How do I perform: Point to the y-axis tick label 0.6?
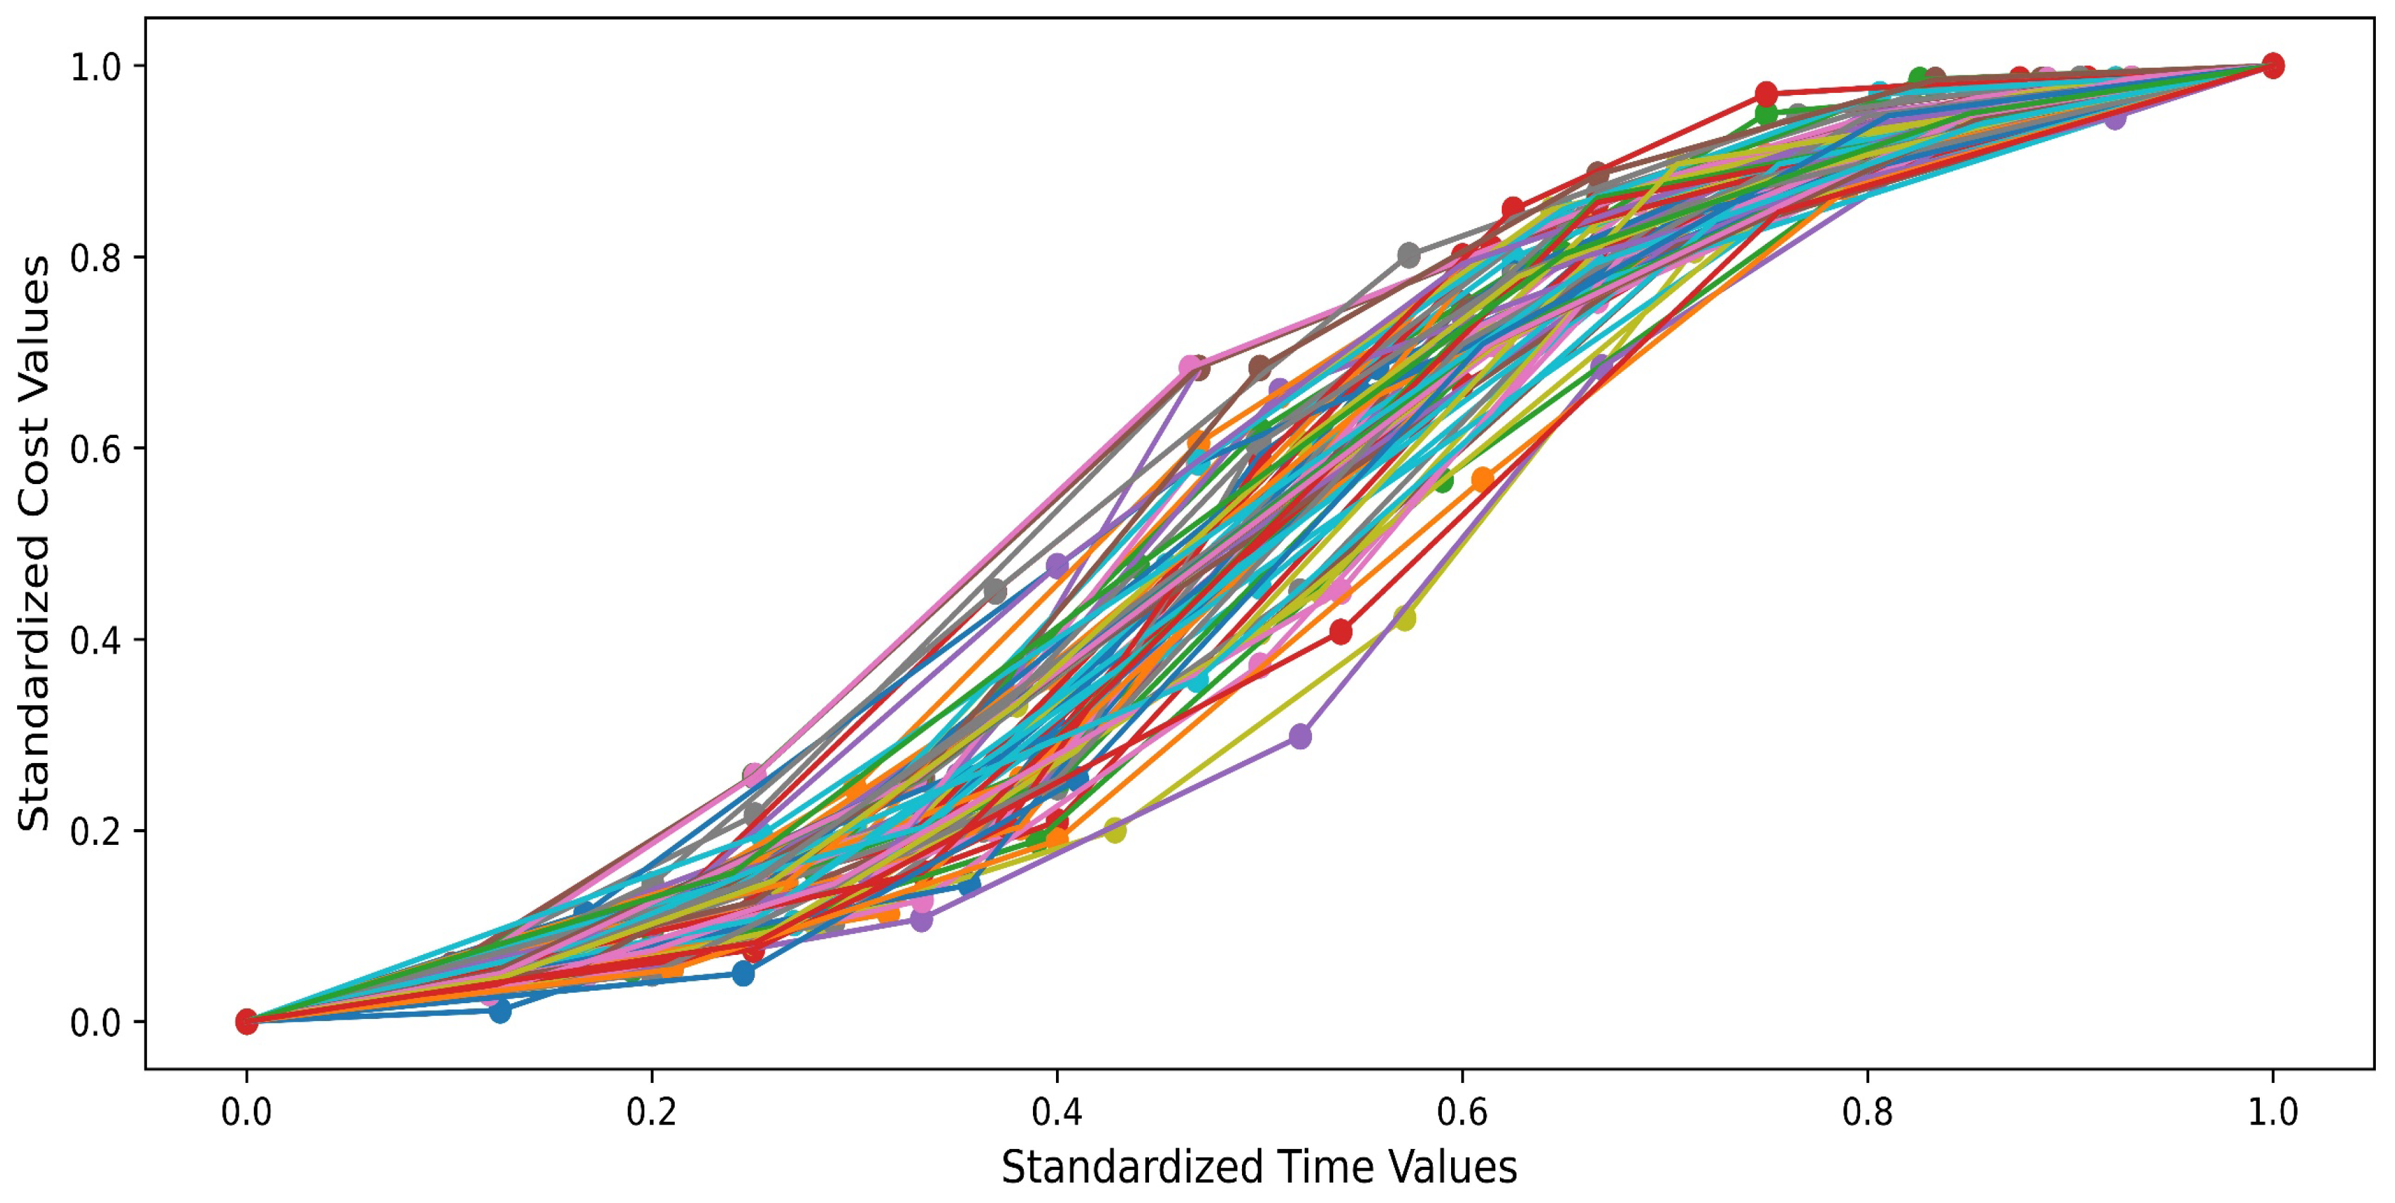tap(96, 448)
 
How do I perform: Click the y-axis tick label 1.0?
tap(96, 66)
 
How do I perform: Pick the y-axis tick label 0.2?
tap(96, 830)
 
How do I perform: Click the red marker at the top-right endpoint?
tap(2272, 66)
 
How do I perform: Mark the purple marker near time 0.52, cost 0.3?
tap(1300, 736)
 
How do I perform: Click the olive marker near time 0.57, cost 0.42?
tap(1405, 618)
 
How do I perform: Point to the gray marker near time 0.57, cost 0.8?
tap(1408, 255)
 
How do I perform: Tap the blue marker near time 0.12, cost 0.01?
tap(500, 1010)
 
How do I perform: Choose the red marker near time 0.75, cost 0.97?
tap(1766, 94)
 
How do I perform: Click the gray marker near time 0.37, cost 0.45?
tap(995, 591)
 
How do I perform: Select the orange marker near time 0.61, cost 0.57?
tap(1482, 479)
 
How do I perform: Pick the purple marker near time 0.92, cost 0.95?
tap(2114, 118)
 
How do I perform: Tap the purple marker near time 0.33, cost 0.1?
tap(920, 920)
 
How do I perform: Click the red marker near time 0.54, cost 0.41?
tap(1340, 632)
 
